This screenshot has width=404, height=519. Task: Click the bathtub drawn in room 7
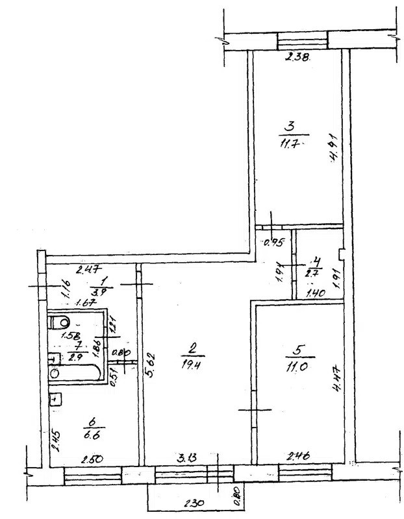[x=73, y=372]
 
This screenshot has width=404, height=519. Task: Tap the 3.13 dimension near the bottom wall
[x=188, y=459]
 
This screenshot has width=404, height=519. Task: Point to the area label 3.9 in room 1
[x=99, y=292]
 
